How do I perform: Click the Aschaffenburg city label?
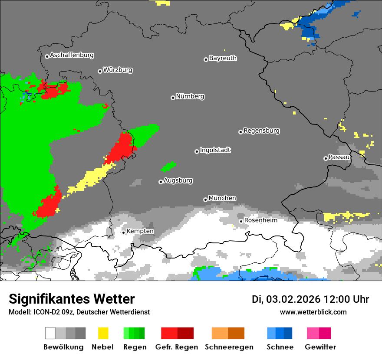coord(72,56)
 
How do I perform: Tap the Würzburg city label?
coord(118,70)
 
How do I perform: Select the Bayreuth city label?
coord(223,58)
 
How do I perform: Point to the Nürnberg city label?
coord(190,97)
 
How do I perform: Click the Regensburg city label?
coord(261,131)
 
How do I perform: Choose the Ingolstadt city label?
coord(215,151)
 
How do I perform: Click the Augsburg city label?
coord(178,181)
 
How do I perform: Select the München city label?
coord(222,198)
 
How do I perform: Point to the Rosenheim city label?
coord(260,220)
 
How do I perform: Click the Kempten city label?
coord(140,231)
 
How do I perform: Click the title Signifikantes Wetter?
coord(72,299)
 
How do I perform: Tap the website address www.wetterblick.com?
coord(313,312)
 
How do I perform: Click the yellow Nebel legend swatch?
coord(103,333)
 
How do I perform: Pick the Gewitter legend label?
coord(320,347)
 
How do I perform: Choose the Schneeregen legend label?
coord(228,347)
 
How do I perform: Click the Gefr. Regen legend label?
coord(177,347)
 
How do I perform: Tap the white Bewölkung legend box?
coord(50,333)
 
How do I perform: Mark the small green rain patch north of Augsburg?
coord(168,166)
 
